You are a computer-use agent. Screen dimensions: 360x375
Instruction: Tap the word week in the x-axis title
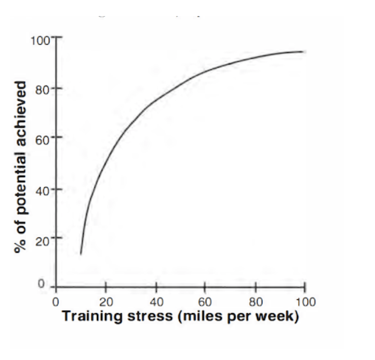[x=280, y=316]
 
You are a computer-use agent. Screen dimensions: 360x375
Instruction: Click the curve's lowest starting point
[x=81, y=254]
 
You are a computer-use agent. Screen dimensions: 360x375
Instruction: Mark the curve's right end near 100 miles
[x=303, y=51]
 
